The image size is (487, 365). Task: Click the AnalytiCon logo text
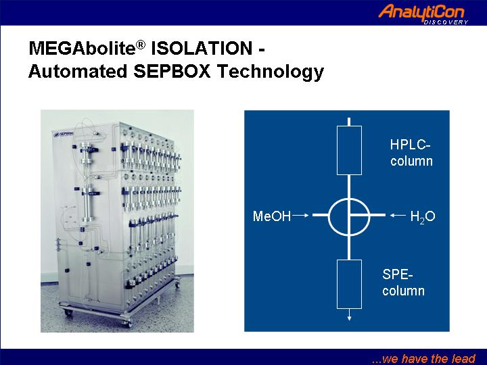click(x=421, y=12)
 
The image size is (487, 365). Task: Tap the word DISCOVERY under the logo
click(x=446, y=22)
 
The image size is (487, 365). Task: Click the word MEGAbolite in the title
click(x=83, y=49)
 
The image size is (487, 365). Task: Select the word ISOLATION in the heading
click(x=202, y=48)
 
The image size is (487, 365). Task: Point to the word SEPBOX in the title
click(x=172, y=71)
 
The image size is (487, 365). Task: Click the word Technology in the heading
click(x=270, y=72)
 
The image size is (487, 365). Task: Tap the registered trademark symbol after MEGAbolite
click(x=141, y=45)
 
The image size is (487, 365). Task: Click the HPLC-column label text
click(x=411, y=153)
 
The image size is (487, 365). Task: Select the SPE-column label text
click(x=403, y=283)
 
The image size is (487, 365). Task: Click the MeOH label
click(x=272, y=216)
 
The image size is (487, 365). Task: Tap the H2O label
click(x=423, y=216)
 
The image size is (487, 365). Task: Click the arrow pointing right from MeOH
click(x=300, y=215)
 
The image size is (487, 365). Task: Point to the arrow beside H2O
click(x=398, y=215)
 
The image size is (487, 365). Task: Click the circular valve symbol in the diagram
click(x=329, y=216)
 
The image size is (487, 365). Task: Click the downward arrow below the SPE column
click(x=349, y=315)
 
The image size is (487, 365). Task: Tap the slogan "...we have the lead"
click(x=423, y=358)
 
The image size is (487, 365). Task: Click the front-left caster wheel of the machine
click(x=68, y=313)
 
